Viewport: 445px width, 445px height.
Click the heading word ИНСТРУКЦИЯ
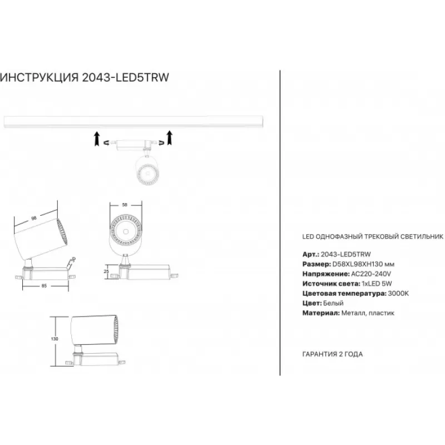(x=39, y=78)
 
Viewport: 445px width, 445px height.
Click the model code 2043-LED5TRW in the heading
(x=126, y=77)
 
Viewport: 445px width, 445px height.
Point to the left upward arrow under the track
(x=97, y=139)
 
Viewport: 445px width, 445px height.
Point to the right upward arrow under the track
(x=170, y=137)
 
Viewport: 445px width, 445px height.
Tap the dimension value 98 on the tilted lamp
(x=34, y=218)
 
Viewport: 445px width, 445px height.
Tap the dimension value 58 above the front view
(x=125, y=205)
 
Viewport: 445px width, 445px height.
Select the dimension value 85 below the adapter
(x=44, y=286)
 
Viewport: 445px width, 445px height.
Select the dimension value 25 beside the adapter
(x=106, y=271)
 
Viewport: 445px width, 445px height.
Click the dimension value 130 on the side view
(x=55, y=339)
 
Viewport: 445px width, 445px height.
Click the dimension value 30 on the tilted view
(x=73, y=259)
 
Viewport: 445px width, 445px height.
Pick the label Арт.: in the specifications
(x=311, y=254)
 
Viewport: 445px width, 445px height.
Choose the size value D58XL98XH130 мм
(x=363, y=264)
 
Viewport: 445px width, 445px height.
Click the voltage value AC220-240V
(x=371, y=274)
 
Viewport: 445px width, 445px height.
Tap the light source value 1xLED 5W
(x=377, y=284)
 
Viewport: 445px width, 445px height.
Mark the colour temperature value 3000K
(x=398, y=294)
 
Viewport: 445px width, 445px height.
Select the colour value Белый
(x=333, y=303)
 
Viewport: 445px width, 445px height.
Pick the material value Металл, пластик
(x=368, y=313)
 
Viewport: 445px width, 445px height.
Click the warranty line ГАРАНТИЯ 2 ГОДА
(x=333, y=354)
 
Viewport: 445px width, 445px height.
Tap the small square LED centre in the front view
(x=126, y=231)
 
